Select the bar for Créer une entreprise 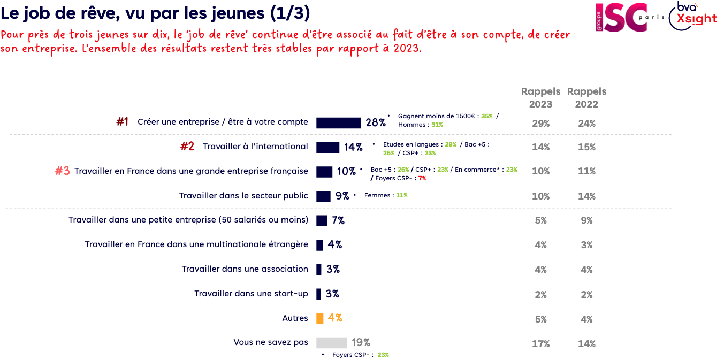coord(338,122)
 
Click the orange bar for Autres coord(320,318)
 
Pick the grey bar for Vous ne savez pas coord(332,343)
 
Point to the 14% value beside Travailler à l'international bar coord(353,147)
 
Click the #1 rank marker coord(123,122)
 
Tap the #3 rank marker coord(63,171)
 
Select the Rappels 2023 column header coord(540,97)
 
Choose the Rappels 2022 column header coord(586,97)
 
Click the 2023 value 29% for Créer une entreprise coord(540,124)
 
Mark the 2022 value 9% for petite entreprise coord(586,220)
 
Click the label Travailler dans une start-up coord(251,294)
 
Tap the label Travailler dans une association coord(245,269)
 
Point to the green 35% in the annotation coord(486,116)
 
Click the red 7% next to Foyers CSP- coord(422,178)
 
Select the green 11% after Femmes coord(401,196)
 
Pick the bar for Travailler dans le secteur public coord(323,196)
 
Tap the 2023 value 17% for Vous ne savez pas coord(540,344)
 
